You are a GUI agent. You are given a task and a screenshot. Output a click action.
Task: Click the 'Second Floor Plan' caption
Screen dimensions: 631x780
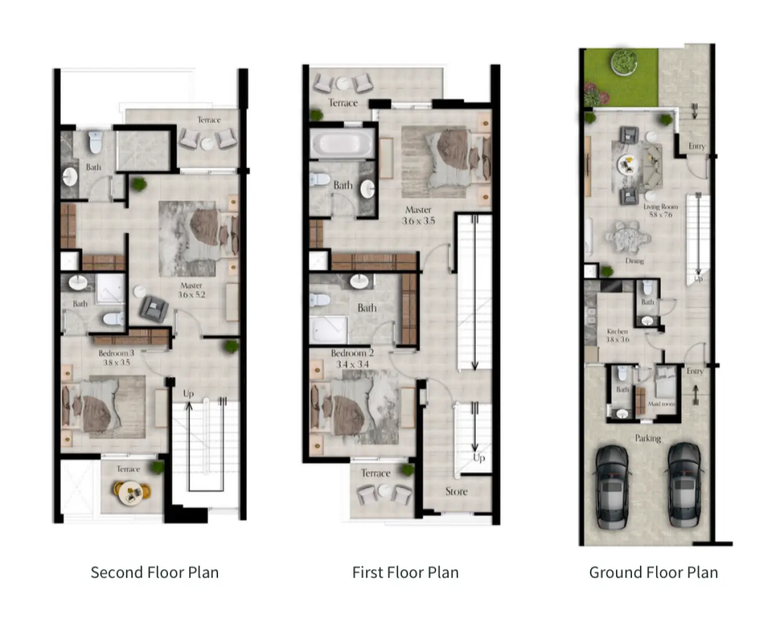coord(154,572)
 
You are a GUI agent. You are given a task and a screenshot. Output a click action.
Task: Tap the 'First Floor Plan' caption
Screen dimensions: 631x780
coord(405,572)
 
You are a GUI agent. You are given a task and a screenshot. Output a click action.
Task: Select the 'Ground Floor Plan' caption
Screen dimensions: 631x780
coord(653,572)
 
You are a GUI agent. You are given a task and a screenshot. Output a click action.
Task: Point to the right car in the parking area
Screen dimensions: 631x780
coord(684,485)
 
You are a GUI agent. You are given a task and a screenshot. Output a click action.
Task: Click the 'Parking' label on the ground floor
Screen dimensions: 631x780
coord(648,438)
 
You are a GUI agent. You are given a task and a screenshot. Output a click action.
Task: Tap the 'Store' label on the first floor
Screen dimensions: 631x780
coord(456,492)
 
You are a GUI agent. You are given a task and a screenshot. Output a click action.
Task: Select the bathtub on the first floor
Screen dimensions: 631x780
coord(342,143)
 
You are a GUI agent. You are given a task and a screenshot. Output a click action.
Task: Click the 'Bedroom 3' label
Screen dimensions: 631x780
coord(116,353)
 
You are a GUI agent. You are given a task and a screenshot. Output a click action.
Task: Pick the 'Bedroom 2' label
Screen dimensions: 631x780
coord(352,353)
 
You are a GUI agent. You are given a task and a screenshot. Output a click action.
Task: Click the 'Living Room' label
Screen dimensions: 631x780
coord(660,207)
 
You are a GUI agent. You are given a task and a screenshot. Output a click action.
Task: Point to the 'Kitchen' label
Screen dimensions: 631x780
coord(617,332)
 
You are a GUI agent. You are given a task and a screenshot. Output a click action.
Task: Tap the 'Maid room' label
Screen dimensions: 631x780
coord(661,404)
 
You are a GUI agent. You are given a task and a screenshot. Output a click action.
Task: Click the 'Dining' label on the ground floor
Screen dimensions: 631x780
coord(634,261)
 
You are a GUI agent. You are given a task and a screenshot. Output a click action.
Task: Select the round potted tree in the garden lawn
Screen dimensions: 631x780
coord(623,61)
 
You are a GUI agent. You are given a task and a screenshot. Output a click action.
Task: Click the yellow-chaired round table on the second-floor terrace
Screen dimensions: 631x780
coord(132,492)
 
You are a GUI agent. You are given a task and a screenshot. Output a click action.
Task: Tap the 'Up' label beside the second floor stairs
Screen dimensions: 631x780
coord(188,394)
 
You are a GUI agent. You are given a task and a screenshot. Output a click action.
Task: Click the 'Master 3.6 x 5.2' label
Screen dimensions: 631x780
coord(191,290)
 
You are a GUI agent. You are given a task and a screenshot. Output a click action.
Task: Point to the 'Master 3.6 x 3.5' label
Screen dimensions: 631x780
coord(418,215)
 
